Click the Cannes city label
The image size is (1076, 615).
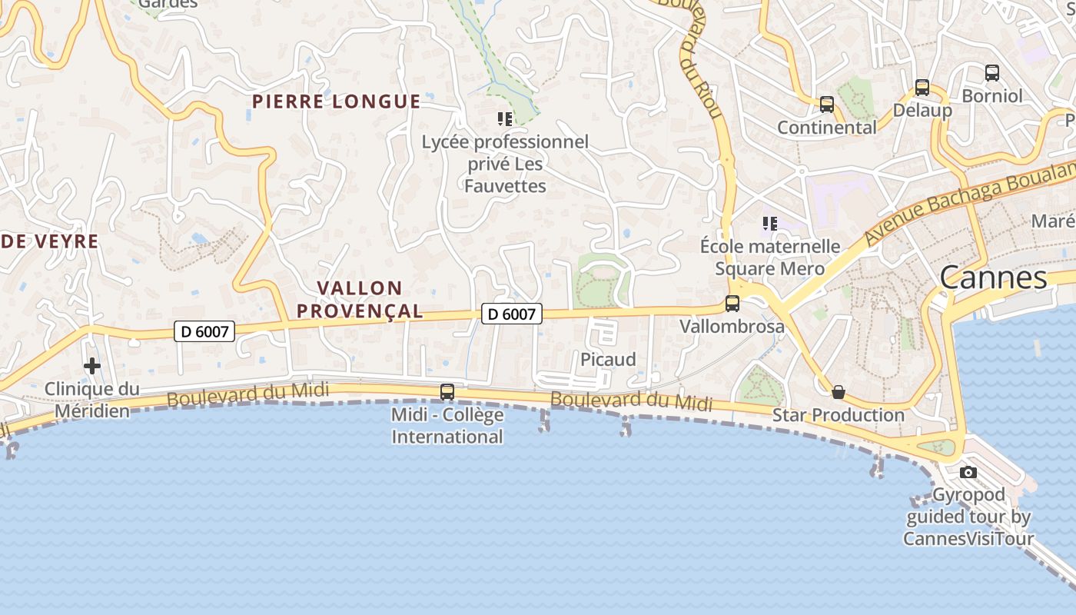point(993,278)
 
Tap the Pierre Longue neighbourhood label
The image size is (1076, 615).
point(337,101)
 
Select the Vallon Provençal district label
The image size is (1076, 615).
point(360,300)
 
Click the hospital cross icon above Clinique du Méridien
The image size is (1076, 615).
point(92,366)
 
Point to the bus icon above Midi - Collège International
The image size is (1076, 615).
point(447,392)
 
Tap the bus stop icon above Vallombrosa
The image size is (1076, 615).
point(732,304)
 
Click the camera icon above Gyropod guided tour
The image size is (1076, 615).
point(968,472)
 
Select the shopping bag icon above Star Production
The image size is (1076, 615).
point(839,392)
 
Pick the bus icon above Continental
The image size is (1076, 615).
point(827,105)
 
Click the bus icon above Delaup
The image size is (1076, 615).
point(922,88)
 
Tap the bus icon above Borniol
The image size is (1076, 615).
point(992,74)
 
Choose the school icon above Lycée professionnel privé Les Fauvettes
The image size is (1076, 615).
point(505,119)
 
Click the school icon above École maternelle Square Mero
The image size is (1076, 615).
point(770,224)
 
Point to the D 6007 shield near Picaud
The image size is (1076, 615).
point(512,314)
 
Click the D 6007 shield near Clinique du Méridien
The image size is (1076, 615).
point(204,331)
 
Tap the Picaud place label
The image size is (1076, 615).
point(608,359)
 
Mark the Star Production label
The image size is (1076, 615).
point(839,415)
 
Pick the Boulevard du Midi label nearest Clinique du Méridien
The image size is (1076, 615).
point(247,394)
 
